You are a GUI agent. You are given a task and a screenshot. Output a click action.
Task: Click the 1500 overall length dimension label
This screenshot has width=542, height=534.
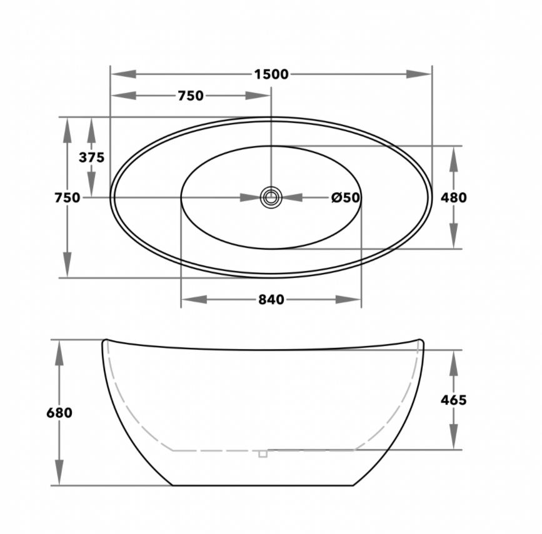[x=271, y=74]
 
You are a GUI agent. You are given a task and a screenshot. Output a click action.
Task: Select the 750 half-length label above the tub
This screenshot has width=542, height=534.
[x=190, y=96]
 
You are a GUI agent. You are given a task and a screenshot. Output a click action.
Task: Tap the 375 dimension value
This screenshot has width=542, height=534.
[x=91, y=157]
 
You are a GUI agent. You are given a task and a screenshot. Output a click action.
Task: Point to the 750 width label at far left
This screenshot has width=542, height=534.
[x=67, y=197]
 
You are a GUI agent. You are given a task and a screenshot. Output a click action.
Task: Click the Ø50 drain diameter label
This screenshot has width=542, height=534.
[x=346, y=197]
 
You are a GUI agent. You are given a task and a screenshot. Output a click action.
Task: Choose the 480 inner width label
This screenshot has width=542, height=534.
[x=454, y=197]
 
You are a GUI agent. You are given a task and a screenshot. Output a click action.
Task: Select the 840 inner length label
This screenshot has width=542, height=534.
[x=271, y=300]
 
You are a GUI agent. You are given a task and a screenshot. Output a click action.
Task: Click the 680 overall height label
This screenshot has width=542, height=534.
[x=59, y=413]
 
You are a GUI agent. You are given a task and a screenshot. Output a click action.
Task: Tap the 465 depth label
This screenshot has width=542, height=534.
[x=453, y=400]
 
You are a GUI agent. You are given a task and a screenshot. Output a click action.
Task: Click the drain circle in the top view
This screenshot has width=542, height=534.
[x=271, y=197]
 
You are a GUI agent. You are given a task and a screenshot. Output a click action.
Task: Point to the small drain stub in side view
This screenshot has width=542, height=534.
[x=263, y=453]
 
